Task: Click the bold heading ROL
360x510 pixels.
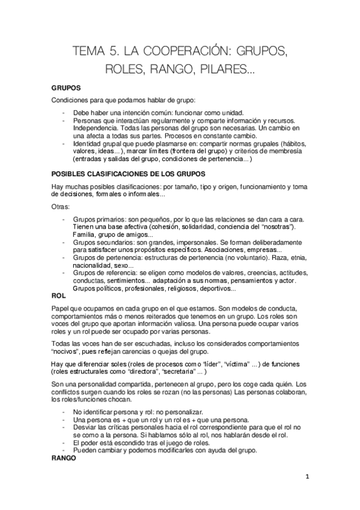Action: click(58, 296)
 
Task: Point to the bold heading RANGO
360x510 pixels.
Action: click(64, 457)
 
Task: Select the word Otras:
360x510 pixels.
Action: click(61, 206)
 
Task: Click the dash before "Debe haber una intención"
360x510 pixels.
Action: click(64, 112)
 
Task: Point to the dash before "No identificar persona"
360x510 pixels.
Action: click(64, 411)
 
